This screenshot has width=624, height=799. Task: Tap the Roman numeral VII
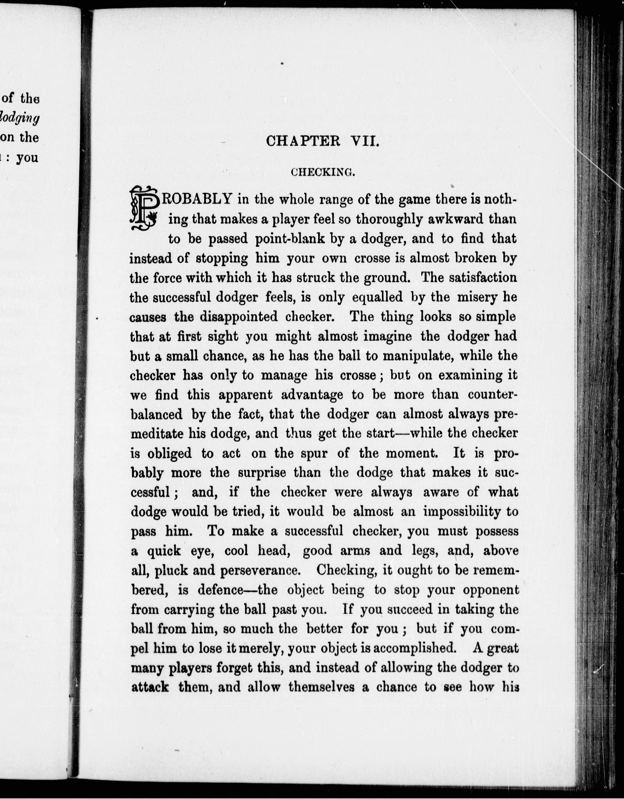point(364,141)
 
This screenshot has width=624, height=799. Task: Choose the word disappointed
point(239,316)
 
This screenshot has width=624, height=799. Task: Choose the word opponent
point(491,590)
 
